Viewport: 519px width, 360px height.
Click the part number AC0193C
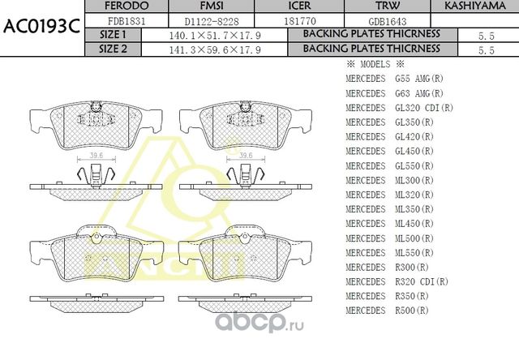(41, 25)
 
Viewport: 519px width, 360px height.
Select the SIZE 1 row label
(113, 35)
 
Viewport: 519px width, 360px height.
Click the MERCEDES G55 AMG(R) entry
(394, 79)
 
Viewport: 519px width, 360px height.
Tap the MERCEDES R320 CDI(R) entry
(397, 281)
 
